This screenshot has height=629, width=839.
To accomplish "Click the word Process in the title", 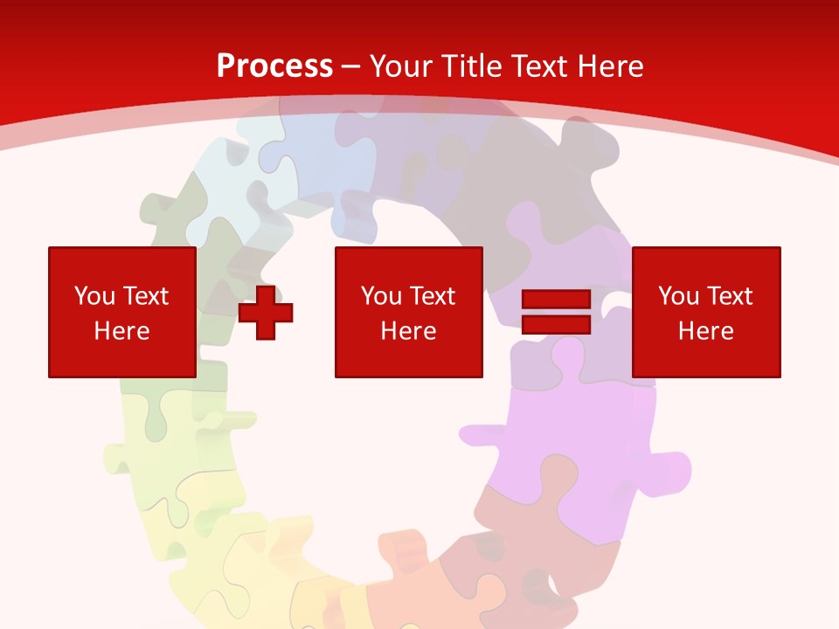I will click(274, 66).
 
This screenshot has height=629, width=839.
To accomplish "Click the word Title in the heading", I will click(473, 66).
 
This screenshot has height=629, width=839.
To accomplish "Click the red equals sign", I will click(557, 312).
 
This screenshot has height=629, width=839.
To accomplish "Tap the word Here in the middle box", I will click(409, 331).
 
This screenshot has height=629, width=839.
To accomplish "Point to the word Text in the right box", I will click(730, 296).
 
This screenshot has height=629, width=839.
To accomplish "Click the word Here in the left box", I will click(122, 331).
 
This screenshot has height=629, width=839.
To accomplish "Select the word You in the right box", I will click(678, 296).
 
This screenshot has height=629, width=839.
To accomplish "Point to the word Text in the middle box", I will click(433, 296).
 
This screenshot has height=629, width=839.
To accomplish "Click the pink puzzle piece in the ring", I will click(559, 437).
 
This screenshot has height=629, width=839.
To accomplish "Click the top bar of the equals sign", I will click(557, 301).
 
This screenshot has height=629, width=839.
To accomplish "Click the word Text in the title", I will click(536, 66).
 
